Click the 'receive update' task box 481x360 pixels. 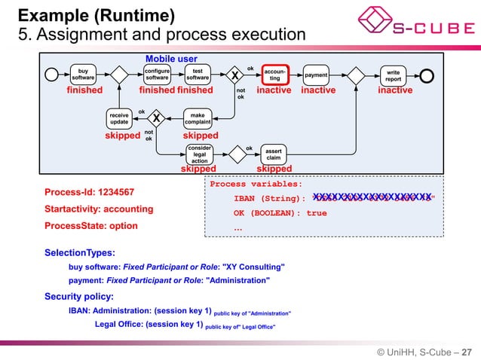tap(119, 118)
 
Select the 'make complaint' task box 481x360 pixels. tap(198, 118)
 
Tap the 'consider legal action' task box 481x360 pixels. tap(199, 154)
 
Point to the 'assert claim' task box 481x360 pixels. tap(274, 154)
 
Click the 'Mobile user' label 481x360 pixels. tap(171, 59)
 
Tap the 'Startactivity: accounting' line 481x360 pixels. tap(99, 209)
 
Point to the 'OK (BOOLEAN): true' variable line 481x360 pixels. tap(280, 213)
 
